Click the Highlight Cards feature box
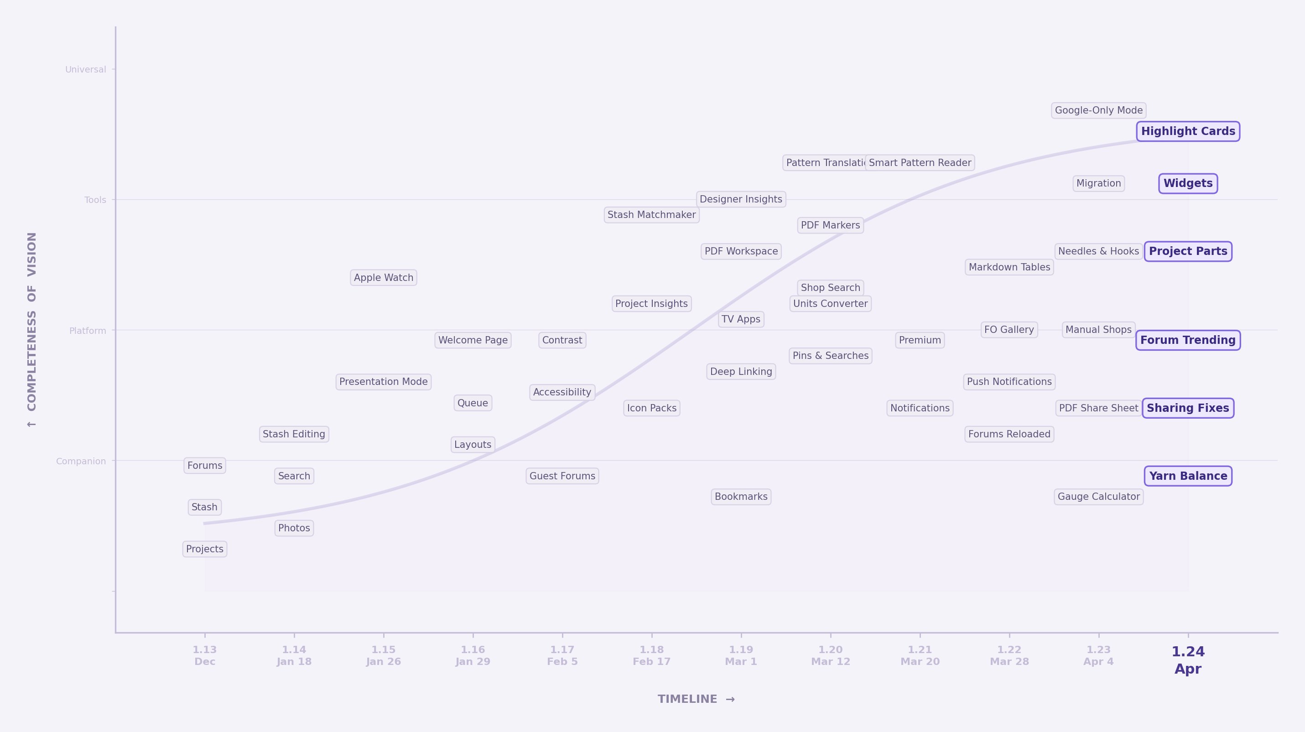tap(1187, 131)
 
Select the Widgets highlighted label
tap(1187, 183)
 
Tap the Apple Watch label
tap(384, 278)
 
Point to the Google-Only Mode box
tap(1098, 110)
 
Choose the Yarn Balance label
tap(1187, 476)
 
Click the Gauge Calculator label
tap(1098, 497)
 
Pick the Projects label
tap(205, 549)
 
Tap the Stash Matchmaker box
tap(651, 215)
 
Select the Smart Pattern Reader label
tap(920, 163)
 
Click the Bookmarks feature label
tap(741, 497)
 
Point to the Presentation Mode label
tap(384, 382)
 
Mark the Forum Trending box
tap(1187, 340)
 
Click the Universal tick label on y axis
tap(86, 69)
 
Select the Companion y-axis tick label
tap(81, 462)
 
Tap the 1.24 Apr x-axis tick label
tap(1187, 659)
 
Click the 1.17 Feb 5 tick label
tap(562, 655)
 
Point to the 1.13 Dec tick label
tap(205, 655)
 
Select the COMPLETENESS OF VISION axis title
tap(32, 329)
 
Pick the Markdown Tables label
tap(1009, 267)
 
